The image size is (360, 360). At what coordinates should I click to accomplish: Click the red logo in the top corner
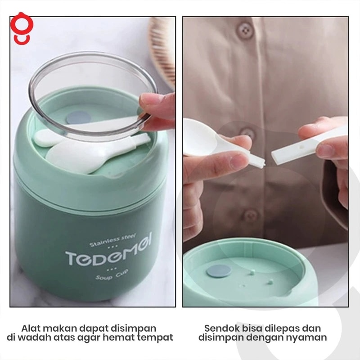(x=22, y=28)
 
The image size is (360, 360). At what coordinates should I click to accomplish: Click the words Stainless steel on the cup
(x=112, y=240)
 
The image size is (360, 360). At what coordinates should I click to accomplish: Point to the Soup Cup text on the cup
(x=112, y=275)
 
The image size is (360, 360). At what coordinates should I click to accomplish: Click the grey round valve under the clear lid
(x=78, y=117)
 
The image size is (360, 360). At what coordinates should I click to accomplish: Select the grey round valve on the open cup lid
(x=219, y=271)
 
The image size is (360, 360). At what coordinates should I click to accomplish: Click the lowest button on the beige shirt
(x=251, y=216)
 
